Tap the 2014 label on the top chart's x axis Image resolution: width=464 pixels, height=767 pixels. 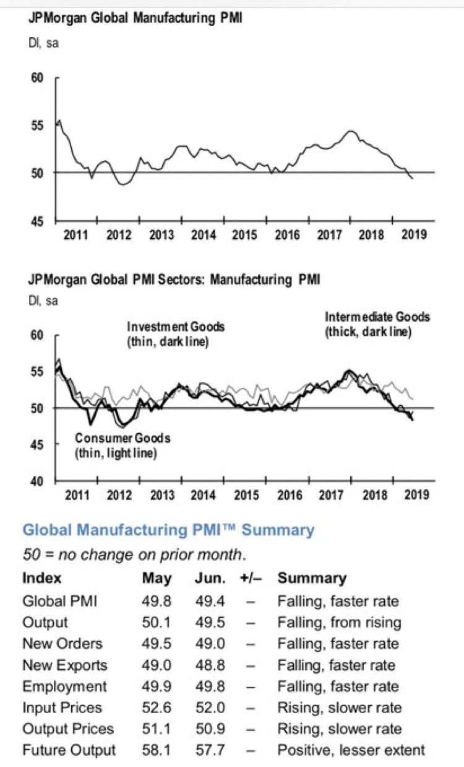(203, 234)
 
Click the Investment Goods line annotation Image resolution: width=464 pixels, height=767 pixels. (176, 333)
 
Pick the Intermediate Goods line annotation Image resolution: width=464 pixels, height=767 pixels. (377, 324)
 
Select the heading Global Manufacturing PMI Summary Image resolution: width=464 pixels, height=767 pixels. (168, 530)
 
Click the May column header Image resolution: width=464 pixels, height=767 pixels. (157, 578)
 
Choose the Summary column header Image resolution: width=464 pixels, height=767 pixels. (312, 578)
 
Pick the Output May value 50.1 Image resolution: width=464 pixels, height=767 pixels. (157, 622)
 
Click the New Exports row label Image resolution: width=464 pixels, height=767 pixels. (64, 665)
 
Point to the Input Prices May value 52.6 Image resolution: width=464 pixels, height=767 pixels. (157, 708)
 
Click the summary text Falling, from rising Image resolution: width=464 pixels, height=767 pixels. (339, 622)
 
